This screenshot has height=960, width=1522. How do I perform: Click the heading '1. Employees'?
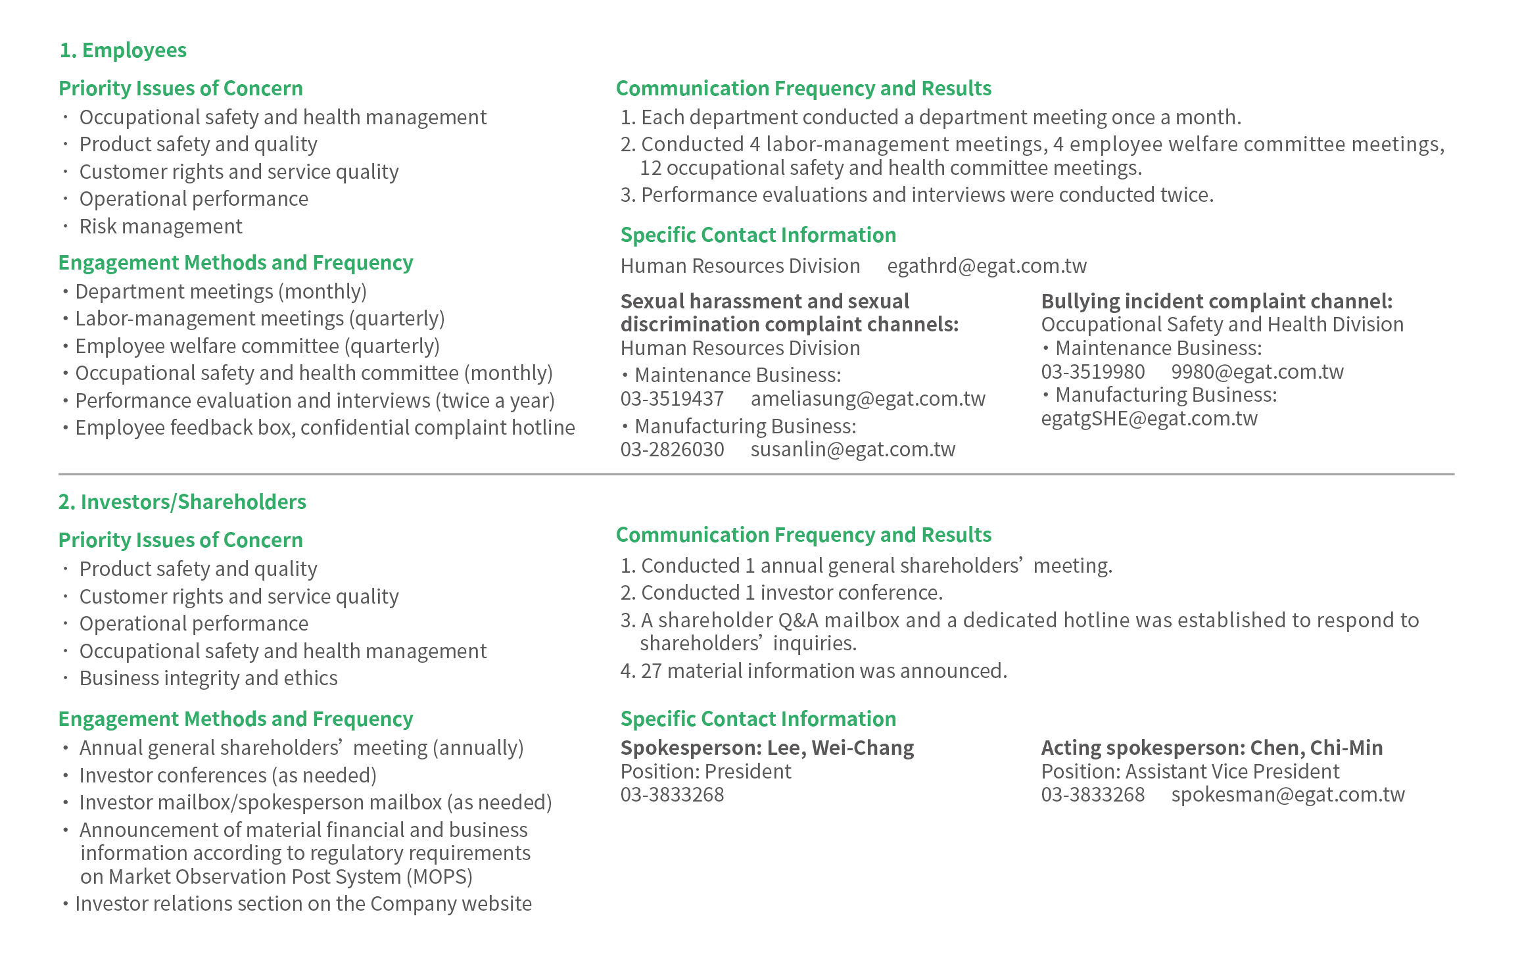click(x=123, y=50)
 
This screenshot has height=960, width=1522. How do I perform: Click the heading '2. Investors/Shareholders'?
click(x=182, y=502)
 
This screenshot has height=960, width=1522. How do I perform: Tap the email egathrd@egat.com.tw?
click(x=986, y=266)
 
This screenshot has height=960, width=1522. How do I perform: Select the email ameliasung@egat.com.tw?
click(x=868, y=398)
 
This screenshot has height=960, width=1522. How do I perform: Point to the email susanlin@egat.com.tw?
click(x=853, y=449)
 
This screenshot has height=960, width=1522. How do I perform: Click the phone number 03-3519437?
click(x=672, y=398)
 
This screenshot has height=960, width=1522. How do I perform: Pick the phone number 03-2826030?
click(x=672, y=449)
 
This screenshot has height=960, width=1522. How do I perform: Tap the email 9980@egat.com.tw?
click(x=1257, y=372)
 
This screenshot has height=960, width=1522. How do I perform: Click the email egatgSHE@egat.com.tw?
click(x=1149, y=418)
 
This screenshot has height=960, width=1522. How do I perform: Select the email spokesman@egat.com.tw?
click(x=1287, y=794)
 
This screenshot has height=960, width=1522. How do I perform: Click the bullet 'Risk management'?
click(x=160, y=226)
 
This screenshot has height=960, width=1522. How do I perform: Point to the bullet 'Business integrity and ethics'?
click(x=208, y=678)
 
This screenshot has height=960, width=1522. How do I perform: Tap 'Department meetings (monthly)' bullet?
click(x=220, y=291)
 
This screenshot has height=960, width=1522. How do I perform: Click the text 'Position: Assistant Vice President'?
click(x=1190, y=771)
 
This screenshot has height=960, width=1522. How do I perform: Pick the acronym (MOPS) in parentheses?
click(x=439, y=876)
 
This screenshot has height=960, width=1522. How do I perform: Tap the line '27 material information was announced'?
click(x=823, y=671)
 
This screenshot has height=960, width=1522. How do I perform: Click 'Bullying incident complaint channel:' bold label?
click(x=1216, y=301)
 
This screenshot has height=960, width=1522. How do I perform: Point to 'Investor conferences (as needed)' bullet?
click(x=227, y=775)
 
